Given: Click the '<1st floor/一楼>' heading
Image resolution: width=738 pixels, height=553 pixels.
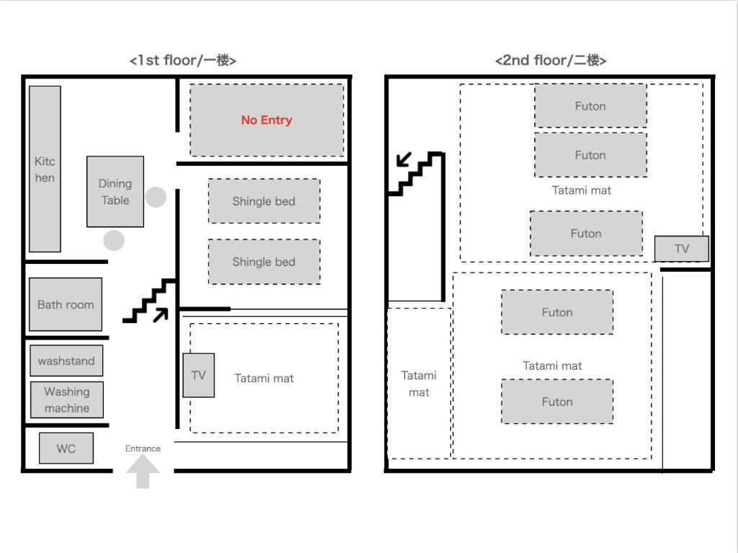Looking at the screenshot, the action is [x=182, y=61].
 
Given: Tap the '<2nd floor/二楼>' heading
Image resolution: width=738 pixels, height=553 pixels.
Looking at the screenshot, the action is [x=550, y=61].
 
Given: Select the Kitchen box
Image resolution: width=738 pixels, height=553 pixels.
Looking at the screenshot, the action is [x=45, y=169].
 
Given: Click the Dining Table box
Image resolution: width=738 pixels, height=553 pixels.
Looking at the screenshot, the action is [x=115, y=192].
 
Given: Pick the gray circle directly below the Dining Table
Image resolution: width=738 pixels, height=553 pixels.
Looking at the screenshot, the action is [x=114, y=240].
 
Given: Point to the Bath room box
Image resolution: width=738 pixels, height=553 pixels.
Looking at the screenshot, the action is [x=66, y=304].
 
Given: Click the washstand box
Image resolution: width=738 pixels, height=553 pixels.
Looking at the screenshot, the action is [x=66, y=360].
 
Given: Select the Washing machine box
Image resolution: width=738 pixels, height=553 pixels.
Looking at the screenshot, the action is [x=67, y=400].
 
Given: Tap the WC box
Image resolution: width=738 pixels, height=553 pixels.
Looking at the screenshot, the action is [x=66, y=448].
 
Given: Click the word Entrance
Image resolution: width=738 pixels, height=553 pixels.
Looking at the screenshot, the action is [x=143, y=448].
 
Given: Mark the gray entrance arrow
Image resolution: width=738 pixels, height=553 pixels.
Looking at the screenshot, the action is [x=143, y=472].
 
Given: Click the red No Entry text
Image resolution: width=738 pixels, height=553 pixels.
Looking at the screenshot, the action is [x=267, y=120].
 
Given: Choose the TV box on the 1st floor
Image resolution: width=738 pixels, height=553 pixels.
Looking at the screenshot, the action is [x=199, y=376].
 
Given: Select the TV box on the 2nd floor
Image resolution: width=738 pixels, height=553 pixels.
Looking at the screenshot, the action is [x=682, y=249].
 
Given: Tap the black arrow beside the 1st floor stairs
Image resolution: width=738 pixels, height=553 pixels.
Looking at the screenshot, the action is [x=161, y=315].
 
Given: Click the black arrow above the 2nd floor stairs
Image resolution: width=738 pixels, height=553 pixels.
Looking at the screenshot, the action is [x=404, y=159].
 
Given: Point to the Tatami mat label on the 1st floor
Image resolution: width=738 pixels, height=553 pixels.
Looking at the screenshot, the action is [x=264, y=379].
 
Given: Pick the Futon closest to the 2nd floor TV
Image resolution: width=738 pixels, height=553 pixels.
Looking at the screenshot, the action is [x=587, y=234].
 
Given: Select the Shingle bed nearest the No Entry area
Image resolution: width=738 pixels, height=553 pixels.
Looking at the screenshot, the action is [x=264, y=201].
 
